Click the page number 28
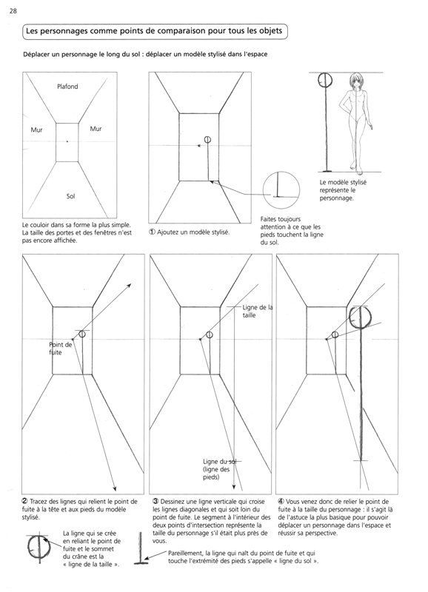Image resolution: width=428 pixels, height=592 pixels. (13, 11)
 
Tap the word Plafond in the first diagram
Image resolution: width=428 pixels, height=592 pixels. (67, 87)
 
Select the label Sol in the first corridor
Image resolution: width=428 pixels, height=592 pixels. (70, 196)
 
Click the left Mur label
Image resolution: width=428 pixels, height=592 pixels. (36, 130)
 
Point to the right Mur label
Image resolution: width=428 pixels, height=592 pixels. (96, 129)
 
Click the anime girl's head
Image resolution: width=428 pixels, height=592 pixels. (356, 82)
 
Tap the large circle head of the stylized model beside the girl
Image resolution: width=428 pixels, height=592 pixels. (325, 80)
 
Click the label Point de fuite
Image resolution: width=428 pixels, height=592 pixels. (61, 349)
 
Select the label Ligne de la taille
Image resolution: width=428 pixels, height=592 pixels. (258, 312)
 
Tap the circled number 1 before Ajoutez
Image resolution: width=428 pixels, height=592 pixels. (152, 232)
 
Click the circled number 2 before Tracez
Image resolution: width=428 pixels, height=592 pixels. (25, 502)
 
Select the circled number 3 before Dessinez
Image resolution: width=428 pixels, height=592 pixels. (156, 502)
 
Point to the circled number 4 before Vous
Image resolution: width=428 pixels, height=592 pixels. (281, 502)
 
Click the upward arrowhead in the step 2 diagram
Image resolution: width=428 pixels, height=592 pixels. (129, 286)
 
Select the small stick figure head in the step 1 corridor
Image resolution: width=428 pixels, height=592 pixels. (207, 140)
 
